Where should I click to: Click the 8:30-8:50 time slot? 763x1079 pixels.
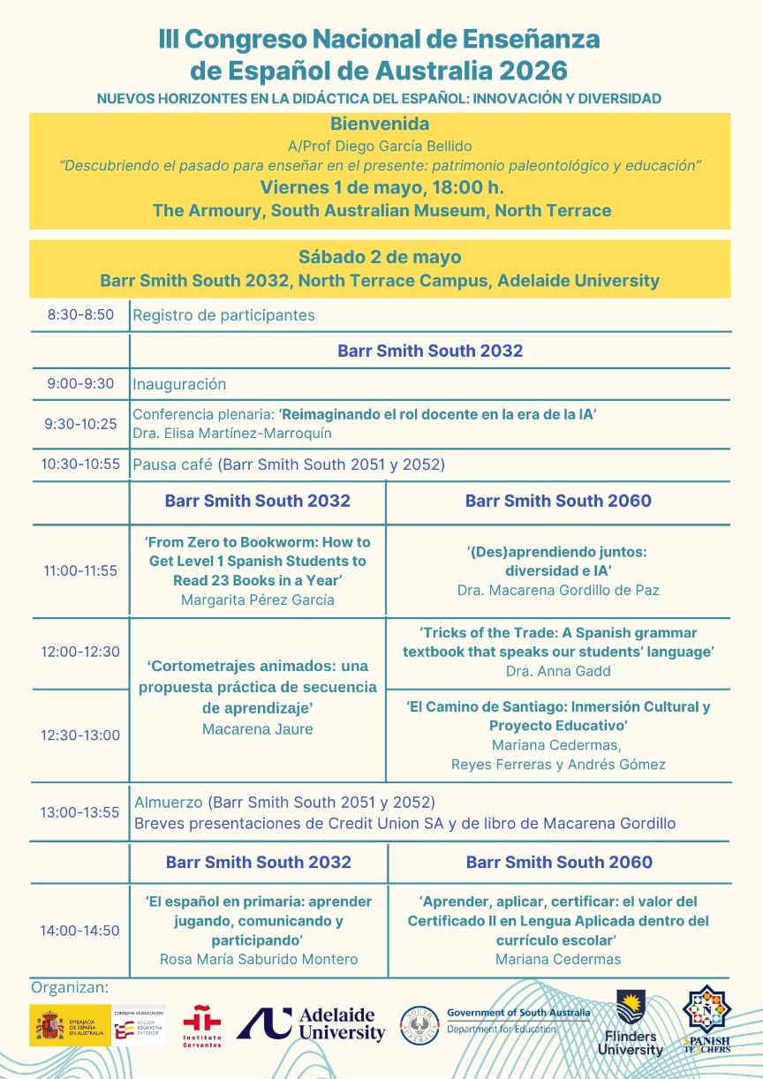pos(80,314)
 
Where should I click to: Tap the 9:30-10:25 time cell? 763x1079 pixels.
pos(80,424)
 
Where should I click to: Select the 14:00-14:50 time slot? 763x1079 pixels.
pos(79,931)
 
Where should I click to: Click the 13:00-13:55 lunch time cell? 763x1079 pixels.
pos(79,812)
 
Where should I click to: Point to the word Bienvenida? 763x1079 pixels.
pos(380,124)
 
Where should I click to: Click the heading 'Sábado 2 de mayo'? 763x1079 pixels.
pos(380,258)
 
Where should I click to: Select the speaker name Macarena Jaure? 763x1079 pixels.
pos(258,729)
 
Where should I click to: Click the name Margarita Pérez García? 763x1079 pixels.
pos(258,600)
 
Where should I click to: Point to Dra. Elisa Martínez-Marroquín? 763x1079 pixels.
pos(232,434)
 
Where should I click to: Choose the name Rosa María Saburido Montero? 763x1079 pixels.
pos(259,959)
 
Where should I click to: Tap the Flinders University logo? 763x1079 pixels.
pos(631,1024)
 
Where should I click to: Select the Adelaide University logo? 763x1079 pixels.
pos(311,1024)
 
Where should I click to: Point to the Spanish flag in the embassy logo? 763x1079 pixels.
pos(51,1025)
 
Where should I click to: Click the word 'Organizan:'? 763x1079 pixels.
pos(70,986)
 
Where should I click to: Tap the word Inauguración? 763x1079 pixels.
pos(179,384)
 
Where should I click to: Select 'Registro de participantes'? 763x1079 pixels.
pos(223,315)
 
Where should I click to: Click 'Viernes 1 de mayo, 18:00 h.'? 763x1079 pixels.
pos(380,187)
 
